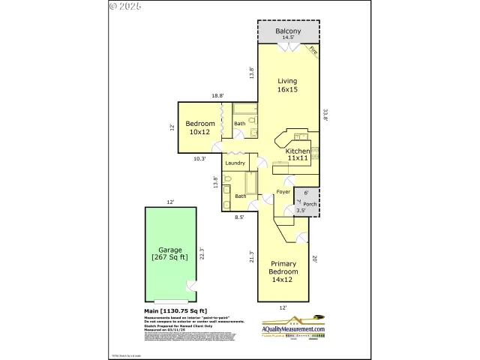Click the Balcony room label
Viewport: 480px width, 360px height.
[x=288, y=31]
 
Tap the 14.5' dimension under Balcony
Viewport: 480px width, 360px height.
[x=288, y=38]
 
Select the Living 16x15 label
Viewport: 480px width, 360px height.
[x=288, y=85]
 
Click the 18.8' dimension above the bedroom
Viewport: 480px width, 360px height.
[x=217, y=95]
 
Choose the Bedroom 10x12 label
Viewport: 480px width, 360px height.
[x=200, y=128]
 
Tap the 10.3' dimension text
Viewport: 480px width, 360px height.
[x=199, y=158]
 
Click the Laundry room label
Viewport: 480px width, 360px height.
[x=235, y=163]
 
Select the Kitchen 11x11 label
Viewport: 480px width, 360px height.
[x=298, y=154]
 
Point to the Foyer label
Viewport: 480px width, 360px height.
[x=283, y=192]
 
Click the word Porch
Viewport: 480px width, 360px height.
[x=309, y=202]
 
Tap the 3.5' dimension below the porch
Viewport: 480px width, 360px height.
[x=300, y=211]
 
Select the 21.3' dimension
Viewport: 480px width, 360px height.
[x=252, y=257]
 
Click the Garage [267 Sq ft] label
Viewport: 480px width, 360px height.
[x=171, y=253]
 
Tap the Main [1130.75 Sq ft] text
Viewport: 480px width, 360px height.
[x=175, y=310]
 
